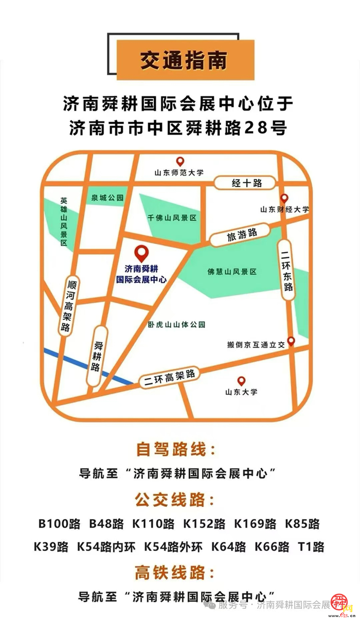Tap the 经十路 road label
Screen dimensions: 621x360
(x=247, y=183)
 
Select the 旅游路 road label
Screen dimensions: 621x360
(x=241, y=234)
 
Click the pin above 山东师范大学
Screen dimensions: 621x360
(x=180, y=162)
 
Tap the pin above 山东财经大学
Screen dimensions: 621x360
(x=284, y=198)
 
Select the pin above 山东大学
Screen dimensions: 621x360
(x=241, y=381)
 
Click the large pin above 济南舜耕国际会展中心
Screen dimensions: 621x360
(x=141, y=253)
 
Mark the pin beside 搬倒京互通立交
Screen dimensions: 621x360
(x=291, y=341)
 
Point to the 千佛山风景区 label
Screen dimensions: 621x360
(x=172, y=218)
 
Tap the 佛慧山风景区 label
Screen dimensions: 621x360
(x=232, y=271)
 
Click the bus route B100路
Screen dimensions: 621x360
(x=60, y=524)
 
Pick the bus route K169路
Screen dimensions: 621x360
(x=255, y=524)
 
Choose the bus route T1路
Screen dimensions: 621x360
(x=311, y=546)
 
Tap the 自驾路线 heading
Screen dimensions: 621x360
(x=175, y=449)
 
